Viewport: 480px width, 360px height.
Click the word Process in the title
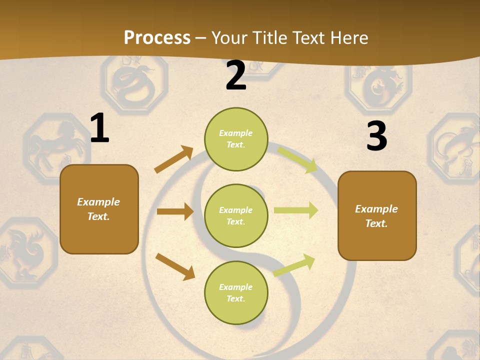click(157, 37)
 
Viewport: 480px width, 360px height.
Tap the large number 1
click(99, 128)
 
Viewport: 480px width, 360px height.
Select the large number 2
click(236, 75)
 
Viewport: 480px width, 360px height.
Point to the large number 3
click(376, 136)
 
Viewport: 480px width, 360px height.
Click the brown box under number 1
click(99, 209)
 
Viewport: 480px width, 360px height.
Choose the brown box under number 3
click(377, 215)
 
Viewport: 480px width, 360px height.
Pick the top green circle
click(236, 139)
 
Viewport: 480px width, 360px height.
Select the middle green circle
click(236, 215)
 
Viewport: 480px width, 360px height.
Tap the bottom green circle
click(236, 292)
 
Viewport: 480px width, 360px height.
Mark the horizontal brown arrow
click(175, 211)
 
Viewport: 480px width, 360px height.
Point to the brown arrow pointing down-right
click(175, 266)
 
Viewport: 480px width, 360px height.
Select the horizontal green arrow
click(296, 210)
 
